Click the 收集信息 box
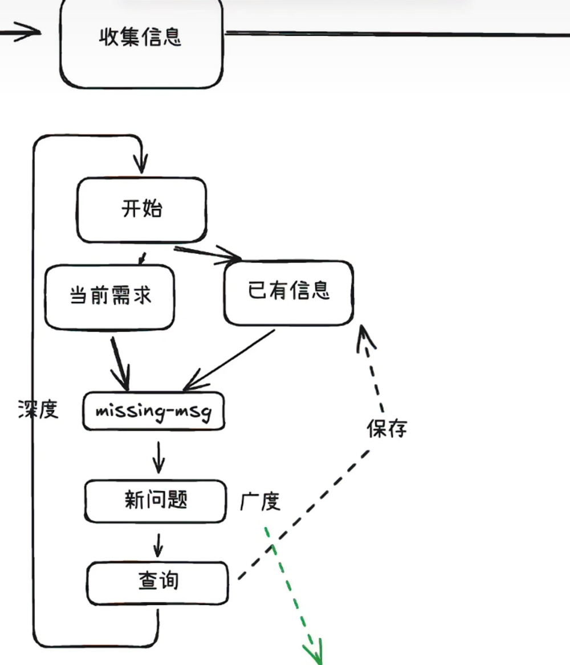pyautogui.click(x=141, y=38)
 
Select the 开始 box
pyautogui.click(x=141, y=209)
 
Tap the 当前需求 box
pyautogui.click(x=110, y=296)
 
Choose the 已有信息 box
pyautogui.click(x=288, y=292)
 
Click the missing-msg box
pyautogui.click(x=153, y=411)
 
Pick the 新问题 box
pyautogui.click(x=155, y=501)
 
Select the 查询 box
pyautogui.click(x=157, y=582)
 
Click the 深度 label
pyautogui.click(x=38, y=409)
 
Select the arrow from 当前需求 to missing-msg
pyautogui.click(x=119, y=362)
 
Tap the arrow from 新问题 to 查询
pyautogui.click(x=158, y=545)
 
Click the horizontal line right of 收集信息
pyautogui.click(x=399, y=34)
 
